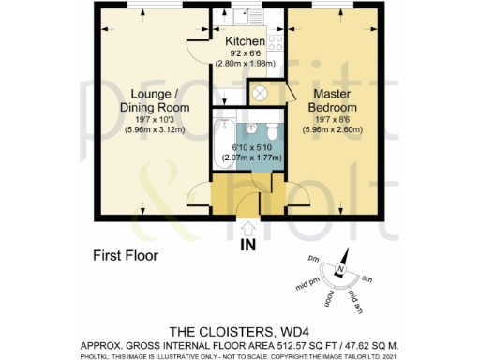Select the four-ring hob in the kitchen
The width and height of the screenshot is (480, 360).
[277, 39]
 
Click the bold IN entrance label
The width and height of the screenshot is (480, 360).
[248, 247]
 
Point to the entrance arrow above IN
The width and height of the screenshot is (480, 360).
[248, 228]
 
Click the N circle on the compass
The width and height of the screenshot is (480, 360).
[344, 271]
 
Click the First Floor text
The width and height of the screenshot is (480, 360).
[125, 254]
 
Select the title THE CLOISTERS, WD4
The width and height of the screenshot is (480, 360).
[240, 331]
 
